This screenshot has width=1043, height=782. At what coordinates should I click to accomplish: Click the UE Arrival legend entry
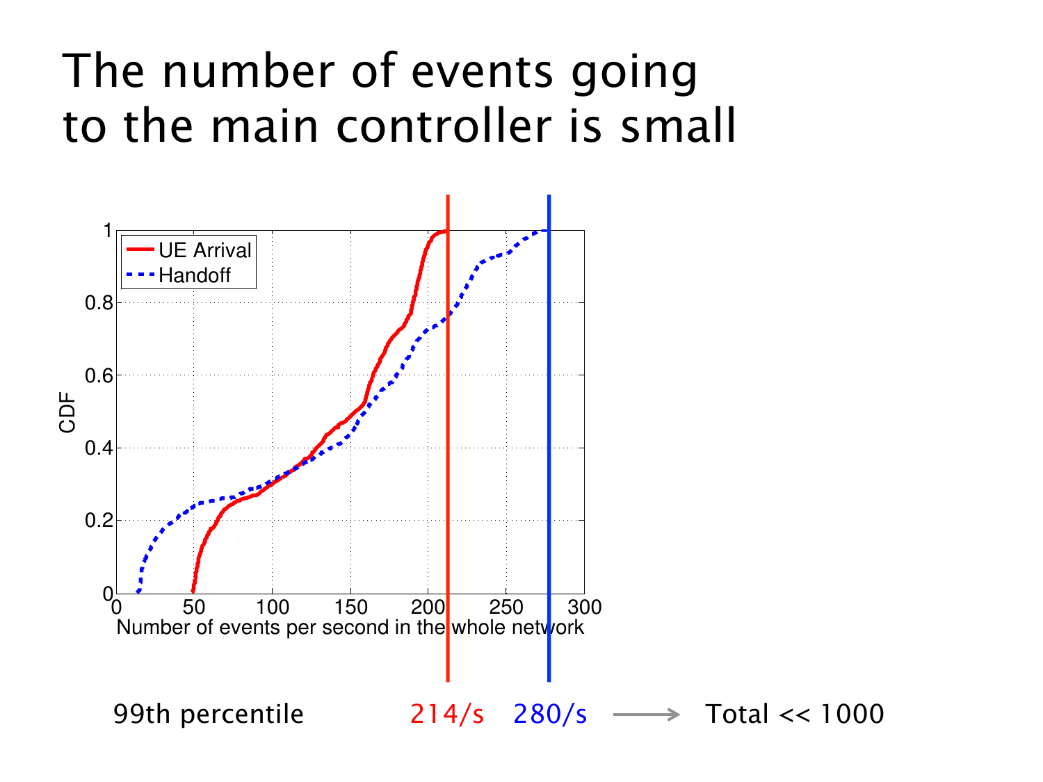tap(204, 250)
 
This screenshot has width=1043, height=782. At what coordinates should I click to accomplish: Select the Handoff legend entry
tap(194, 275)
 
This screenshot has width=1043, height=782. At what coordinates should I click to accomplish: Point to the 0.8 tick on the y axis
tap(99, 303)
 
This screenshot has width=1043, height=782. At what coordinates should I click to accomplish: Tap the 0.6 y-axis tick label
tap(99, 375)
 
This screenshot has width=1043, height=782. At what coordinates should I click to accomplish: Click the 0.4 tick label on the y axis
tap(99, 448)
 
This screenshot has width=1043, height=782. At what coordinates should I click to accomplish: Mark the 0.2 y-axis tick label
tap(99, 521)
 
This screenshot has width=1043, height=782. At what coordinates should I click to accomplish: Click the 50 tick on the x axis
tap(194, 608)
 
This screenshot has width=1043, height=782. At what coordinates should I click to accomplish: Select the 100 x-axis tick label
tap(272, 608)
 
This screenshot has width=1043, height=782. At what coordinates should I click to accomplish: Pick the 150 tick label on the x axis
tap(350, 608)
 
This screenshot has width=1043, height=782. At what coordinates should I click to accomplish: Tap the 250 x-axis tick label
tap(506, 608)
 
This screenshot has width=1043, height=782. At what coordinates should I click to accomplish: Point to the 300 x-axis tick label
tap(584, 608)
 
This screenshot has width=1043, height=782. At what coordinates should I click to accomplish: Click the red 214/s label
tap(446, 714)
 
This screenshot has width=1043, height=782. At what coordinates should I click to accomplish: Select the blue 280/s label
tap(550, 714)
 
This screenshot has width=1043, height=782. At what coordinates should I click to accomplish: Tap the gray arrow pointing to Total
tap(646, 715)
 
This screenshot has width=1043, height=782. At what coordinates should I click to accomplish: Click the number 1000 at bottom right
tap(852, 714)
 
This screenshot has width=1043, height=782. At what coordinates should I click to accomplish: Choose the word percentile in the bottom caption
tap(242, 715)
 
